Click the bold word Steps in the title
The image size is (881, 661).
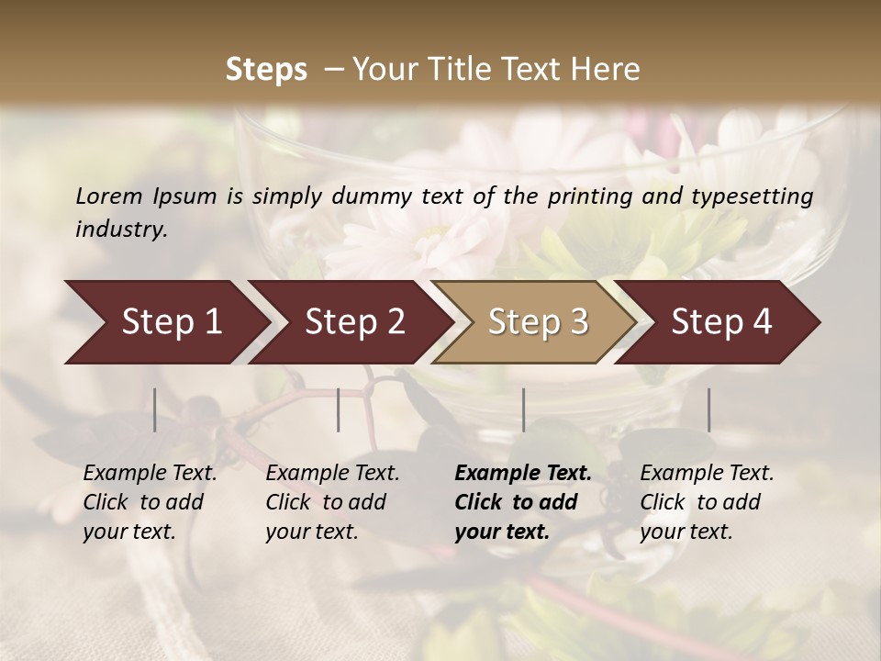[266, 70]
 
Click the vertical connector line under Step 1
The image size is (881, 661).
[155, 409]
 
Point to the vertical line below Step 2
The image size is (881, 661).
[339, 409]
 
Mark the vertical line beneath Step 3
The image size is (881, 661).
[524, 409]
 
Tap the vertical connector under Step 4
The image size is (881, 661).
[709, 409]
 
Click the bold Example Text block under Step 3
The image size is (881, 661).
[523, 502]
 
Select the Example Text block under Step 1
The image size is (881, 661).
[150, 502]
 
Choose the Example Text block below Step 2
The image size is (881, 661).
[332, 502]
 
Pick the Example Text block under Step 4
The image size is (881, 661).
[707, 502]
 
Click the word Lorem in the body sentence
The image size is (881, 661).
[109, 196]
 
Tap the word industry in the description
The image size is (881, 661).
[120, 229]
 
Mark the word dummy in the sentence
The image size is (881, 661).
[375, 196]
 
